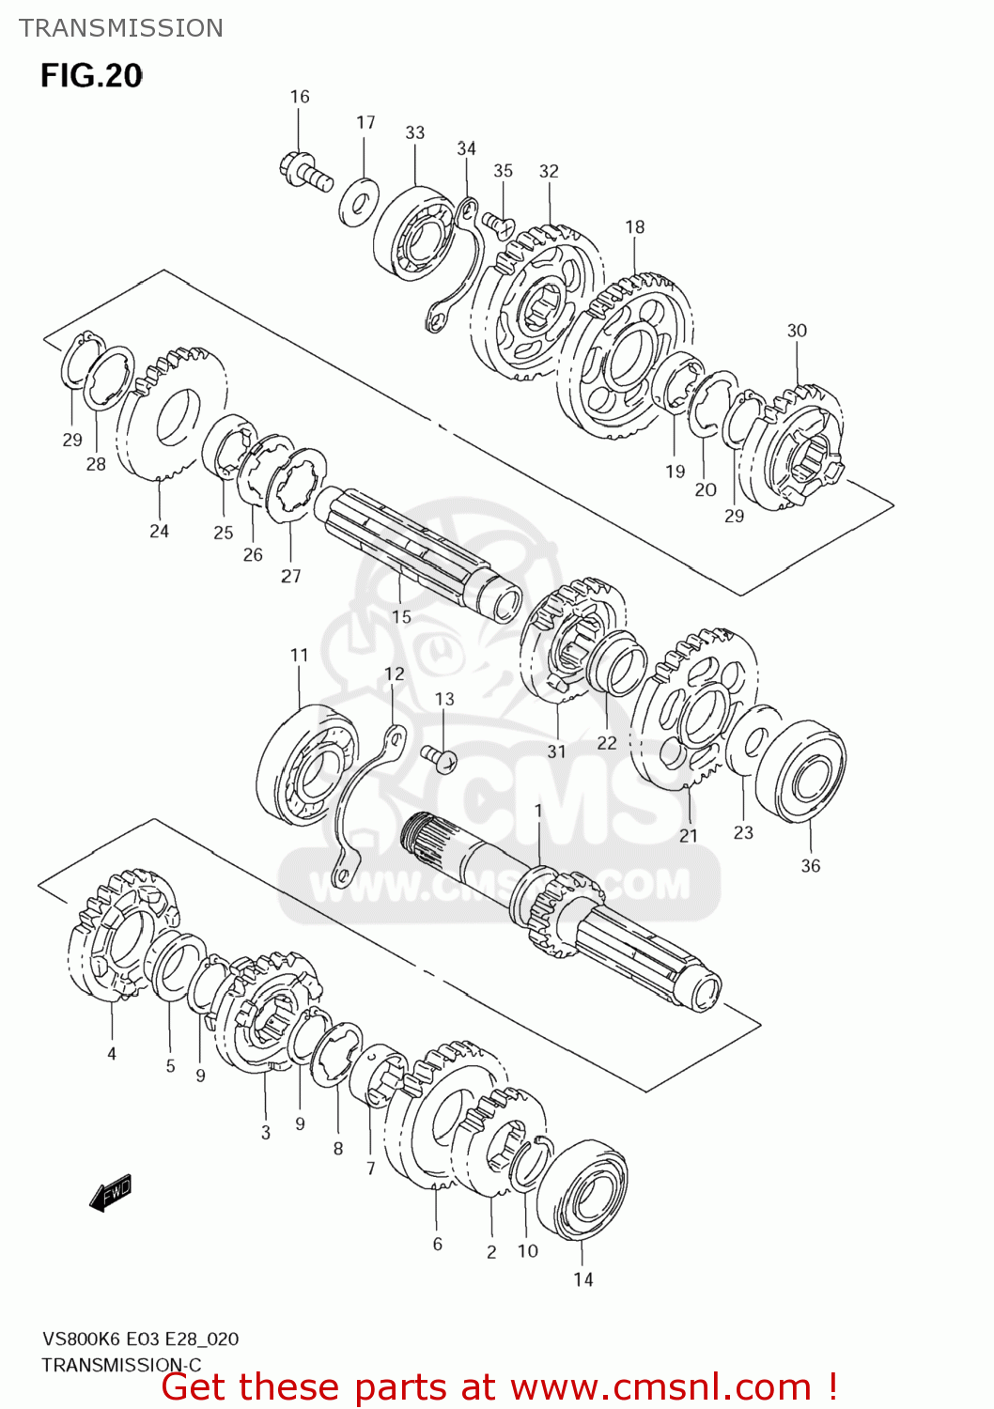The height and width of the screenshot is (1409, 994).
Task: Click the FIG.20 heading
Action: coord(91,75)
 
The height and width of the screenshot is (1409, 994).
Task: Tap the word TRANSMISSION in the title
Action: coord(121,28)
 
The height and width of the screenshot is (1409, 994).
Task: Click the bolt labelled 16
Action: coord(305,171)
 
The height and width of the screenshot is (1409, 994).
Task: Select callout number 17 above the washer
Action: coord(365,123)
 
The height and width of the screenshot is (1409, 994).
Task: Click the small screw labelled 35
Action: coord(498,224)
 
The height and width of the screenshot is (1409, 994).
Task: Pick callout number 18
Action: coord(635,227)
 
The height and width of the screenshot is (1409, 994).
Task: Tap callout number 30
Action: coord(797,331)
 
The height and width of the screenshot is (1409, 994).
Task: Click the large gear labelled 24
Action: coord(171,413)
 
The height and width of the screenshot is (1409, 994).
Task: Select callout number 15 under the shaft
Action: coord(401,617)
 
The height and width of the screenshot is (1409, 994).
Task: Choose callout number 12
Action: coord(395,674)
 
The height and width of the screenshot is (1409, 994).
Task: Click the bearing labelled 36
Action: coord(800,771)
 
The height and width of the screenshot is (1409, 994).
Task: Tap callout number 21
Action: coord(689,835)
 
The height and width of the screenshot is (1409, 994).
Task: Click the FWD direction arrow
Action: coord(111,1194)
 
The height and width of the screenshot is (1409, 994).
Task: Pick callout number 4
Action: coord(112,1054)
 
